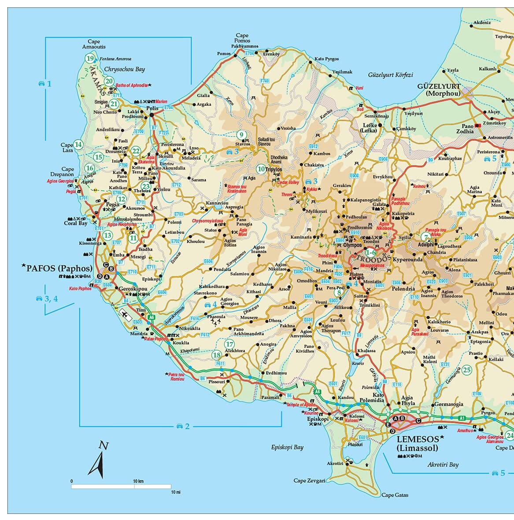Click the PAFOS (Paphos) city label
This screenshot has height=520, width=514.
[x=59, y=268]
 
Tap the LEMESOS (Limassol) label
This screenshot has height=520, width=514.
[x=418, y=443]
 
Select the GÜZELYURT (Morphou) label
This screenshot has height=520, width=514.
[x=439, y=90]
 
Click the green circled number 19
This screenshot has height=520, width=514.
[x=90, y=59]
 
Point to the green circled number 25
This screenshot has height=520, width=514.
[x=467, y=370]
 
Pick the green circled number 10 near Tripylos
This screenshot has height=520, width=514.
[x=261, y=169]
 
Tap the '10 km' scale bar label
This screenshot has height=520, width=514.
[x=138, y=481]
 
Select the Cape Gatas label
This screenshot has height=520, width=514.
[x=395, y=495]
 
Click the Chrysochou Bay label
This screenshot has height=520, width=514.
[x=124, y=69]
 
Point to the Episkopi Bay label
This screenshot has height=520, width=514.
[x=287, y=447]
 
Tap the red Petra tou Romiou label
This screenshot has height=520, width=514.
[x=177, y=376]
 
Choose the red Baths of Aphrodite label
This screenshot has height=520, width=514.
[x=131, y=85]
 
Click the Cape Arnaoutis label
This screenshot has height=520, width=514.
[x=94, y=44]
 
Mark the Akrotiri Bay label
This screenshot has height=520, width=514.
[x=443, y=465]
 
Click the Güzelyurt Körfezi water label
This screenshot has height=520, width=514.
[x=391, y=75]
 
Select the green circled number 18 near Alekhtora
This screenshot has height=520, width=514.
[x=217, y=355]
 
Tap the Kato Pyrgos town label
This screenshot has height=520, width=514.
[x=326, y=59]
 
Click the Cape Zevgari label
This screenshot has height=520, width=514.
[x=310, y=480]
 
